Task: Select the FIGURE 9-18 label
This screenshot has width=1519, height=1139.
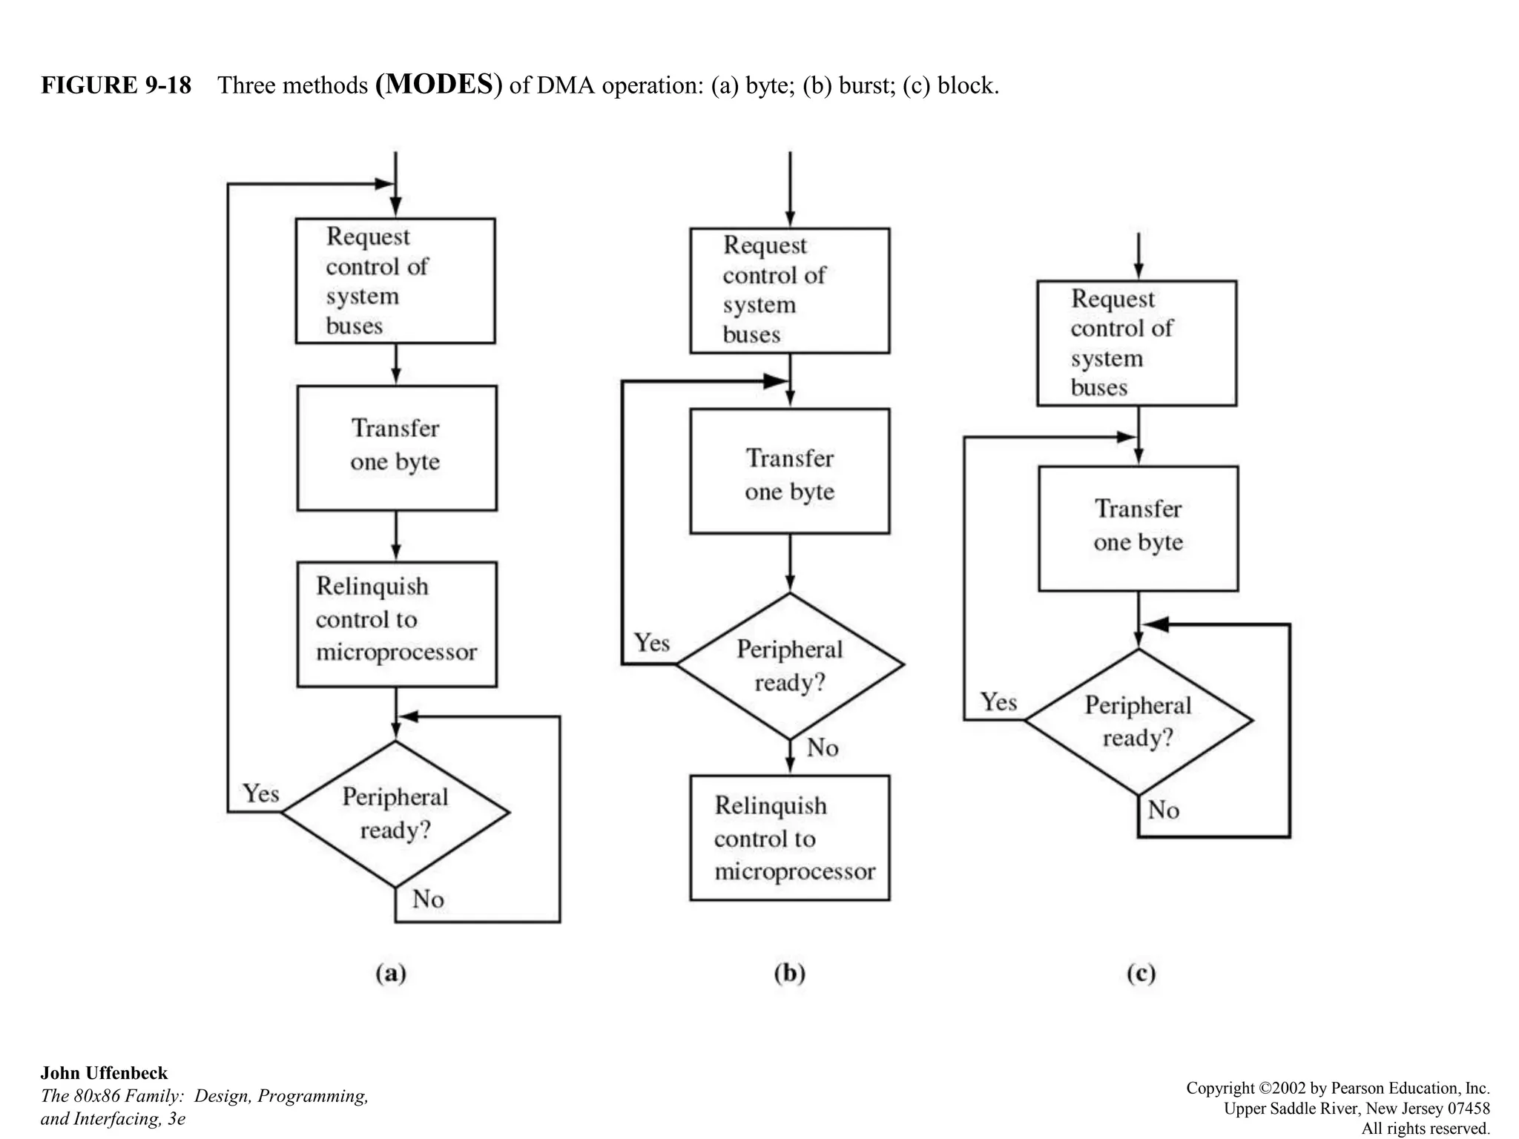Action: click(116, 86)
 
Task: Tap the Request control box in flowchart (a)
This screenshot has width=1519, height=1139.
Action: click(395, 281)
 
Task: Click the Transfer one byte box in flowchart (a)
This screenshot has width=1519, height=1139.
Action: click(397, 448)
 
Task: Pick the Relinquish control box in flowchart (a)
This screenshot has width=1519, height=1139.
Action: click(397, 624)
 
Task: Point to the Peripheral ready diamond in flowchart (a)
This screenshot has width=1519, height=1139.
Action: click(395, 813)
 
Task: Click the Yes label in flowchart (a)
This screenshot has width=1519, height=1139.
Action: click(261, 794)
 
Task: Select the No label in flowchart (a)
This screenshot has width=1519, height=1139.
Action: click(428, 899)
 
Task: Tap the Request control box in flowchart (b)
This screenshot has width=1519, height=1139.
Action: click(790, 291)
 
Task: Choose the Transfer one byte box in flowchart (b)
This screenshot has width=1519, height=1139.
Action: click(790, 471)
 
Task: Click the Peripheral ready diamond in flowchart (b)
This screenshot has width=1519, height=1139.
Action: click(790, 665)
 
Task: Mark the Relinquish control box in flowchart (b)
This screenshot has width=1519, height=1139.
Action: click(790, 838)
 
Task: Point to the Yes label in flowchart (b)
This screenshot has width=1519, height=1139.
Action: click(652, 643)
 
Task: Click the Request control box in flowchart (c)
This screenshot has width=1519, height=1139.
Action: click(1137, 343)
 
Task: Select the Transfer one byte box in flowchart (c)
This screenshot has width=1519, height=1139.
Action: click(1139, 529)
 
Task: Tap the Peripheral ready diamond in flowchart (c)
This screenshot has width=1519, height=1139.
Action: click(1139, 722)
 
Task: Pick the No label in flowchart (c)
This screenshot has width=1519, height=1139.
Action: click(1164, 810)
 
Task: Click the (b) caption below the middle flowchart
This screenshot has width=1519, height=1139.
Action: click(789, 972)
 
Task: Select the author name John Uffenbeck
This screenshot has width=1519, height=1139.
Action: click(104, 1073)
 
